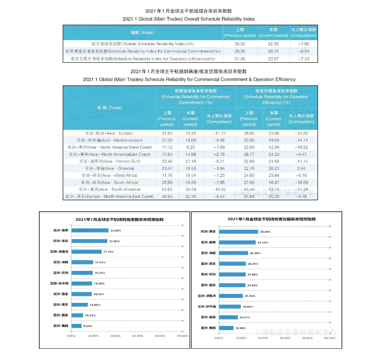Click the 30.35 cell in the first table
tap(240, 44)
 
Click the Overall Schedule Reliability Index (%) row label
tap(142, 44)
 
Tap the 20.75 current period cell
tap(273, 51)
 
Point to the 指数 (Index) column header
tap(142, 33)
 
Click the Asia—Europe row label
tap(110, 133)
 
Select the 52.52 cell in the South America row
tap(167, 189)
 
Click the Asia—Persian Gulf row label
tap(110, 161)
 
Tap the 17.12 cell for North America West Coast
tap(167, 147)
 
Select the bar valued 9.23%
tap(76, 326)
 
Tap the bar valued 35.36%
tap(239, 231)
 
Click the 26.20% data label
tap(254, 253)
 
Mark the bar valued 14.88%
tap(79, 305)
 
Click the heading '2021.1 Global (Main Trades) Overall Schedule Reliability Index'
tap(188, 19)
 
